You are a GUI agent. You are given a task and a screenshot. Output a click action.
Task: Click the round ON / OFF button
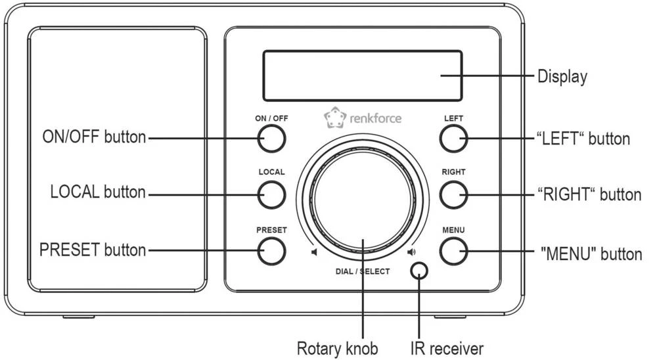pos(271,138)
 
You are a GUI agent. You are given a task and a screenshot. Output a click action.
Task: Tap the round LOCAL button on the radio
pos(271,194)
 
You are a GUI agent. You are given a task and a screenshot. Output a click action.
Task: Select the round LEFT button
pos(453,138)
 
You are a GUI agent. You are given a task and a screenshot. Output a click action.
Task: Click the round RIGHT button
pos(453,194)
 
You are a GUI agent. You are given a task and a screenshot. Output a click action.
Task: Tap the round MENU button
pos(453,250)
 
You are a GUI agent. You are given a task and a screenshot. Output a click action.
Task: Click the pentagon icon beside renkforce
pos(333,118)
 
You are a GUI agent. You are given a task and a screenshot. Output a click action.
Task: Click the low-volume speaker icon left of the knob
pos(315,252)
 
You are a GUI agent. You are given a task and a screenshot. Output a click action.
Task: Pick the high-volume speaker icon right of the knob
pos(411,252)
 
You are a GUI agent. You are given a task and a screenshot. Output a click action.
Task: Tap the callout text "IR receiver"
pos(446,348)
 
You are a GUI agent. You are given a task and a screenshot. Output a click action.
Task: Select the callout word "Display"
pos(562,76)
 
